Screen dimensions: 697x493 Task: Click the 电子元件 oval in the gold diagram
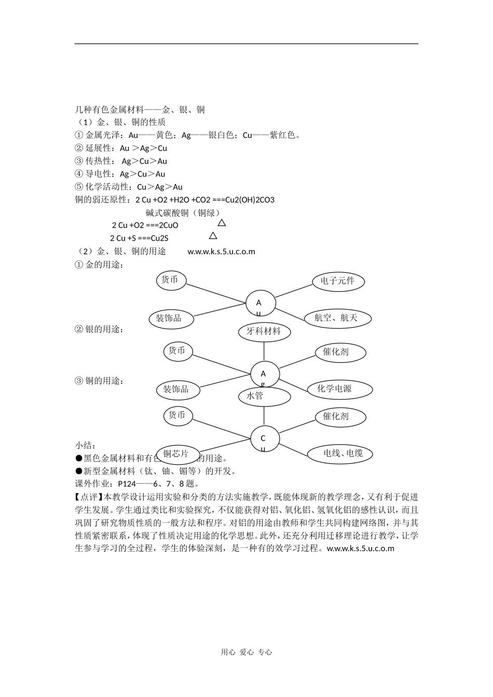tap(338, 281)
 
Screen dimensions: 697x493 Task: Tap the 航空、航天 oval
tap(336, 318)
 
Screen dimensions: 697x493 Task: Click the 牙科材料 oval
tap(264, 331)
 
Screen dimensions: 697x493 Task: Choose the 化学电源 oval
tap(335, 389)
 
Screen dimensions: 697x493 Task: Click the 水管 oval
tap(264, 396)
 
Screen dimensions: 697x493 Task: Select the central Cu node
tap(264, 439)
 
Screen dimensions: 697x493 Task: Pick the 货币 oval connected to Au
tap(170, 280)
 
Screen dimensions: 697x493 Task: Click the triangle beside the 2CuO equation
tap(222, 223)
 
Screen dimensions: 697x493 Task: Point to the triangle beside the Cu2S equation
tap(213, 236)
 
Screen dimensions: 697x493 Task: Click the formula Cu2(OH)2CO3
tap(250, 200)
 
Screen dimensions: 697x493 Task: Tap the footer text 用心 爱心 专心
tap(246, 652)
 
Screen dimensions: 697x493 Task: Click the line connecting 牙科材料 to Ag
tap(264, 351)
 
